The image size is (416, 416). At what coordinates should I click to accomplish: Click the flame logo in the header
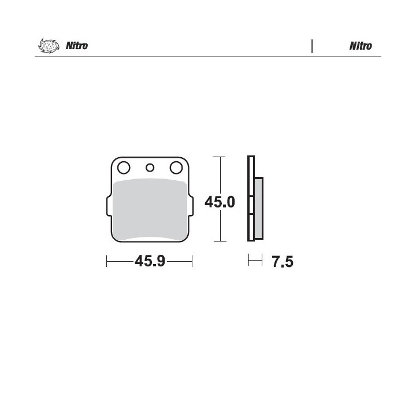49,46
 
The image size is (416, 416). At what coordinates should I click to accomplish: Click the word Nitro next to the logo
77,46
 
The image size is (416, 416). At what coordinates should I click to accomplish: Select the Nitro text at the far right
361,46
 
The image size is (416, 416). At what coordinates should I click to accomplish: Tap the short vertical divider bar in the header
312,46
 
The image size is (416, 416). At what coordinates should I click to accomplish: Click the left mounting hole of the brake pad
124,168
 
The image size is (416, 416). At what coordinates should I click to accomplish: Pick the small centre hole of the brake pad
150,168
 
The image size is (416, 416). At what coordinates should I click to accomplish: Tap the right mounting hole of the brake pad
176,168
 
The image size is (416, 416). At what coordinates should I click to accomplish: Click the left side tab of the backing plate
109,206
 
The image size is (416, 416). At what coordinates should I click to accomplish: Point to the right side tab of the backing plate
191,206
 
